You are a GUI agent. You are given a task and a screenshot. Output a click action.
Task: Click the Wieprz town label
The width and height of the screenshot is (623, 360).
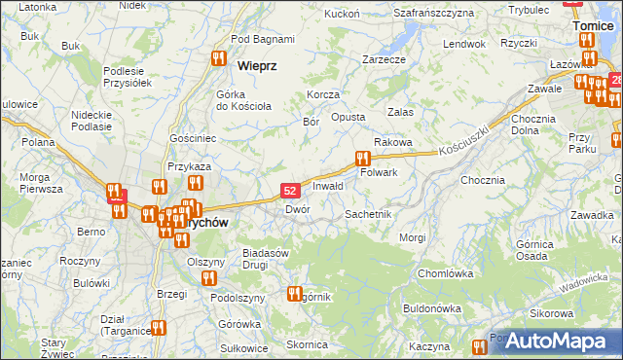point(257,65)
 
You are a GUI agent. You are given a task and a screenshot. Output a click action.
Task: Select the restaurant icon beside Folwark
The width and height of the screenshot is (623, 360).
point(363,158)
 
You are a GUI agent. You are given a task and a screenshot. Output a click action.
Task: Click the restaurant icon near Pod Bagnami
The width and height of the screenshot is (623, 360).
point(218,58)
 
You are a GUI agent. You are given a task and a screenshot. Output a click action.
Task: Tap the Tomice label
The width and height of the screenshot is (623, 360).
point(593,26)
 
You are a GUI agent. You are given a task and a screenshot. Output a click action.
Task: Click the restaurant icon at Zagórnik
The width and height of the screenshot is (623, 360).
point(295,293)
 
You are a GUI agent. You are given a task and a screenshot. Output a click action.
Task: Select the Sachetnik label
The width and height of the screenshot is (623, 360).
point(368,213)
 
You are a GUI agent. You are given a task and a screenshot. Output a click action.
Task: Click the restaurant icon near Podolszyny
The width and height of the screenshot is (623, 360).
point(208,278)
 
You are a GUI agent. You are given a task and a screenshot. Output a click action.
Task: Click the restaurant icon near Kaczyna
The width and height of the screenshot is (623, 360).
point(478,347)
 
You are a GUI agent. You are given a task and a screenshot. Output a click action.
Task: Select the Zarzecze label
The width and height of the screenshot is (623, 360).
point(384,59)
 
